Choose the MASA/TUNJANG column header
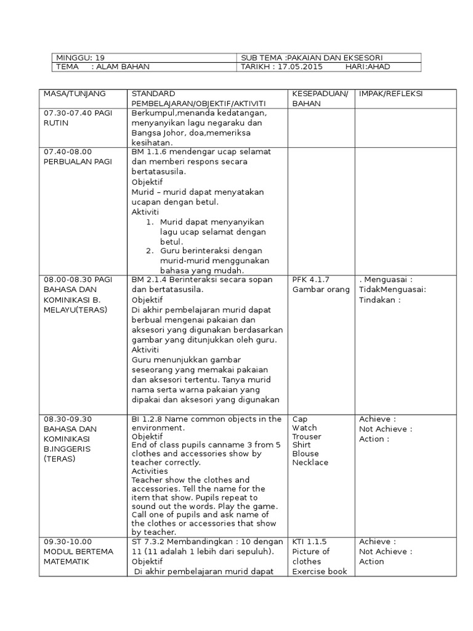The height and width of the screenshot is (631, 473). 74,93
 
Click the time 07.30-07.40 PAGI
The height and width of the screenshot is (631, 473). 77,114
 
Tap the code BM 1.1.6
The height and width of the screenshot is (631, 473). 150,151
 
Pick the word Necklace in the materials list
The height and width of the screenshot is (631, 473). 310,462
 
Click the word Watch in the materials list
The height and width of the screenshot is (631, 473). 305,428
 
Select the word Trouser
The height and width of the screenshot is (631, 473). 307,436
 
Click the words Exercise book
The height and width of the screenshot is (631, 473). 320,571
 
